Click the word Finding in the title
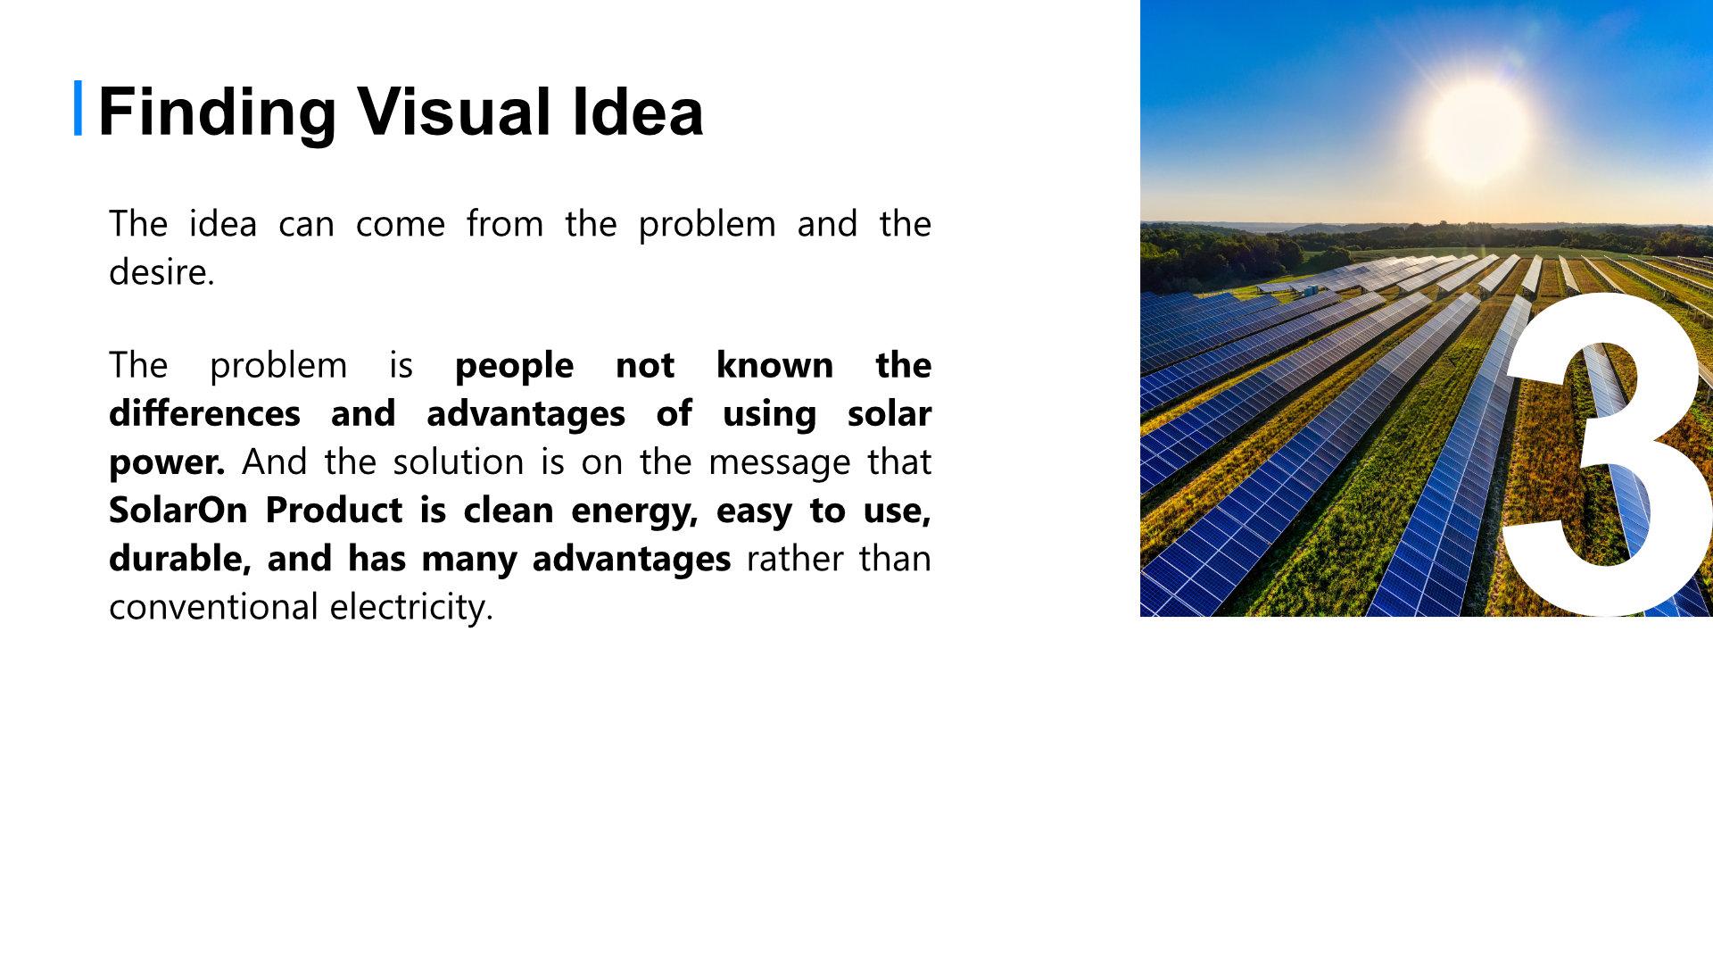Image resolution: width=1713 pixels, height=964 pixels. click(217, 112)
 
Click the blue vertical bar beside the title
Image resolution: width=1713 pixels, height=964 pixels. click(78, 108)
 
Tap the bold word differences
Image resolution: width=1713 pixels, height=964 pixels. click(204, 413)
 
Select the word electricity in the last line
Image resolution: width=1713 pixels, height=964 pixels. click(408, 608)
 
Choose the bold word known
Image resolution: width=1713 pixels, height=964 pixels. click(774, 365)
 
